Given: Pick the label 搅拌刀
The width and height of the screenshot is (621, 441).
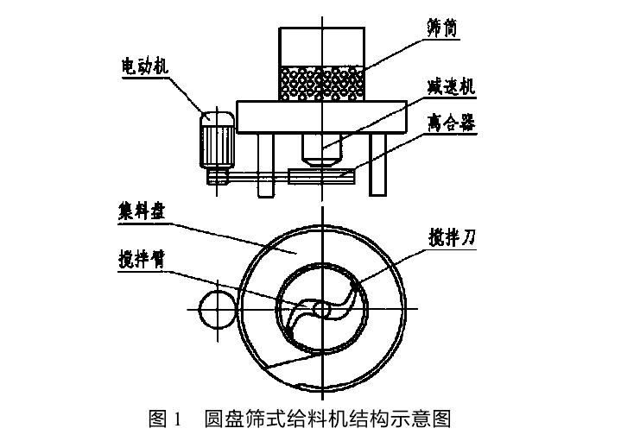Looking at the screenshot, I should pos(453,234).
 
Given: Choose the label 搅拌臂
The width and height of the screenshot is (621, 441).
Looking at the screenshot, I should pos(143,257).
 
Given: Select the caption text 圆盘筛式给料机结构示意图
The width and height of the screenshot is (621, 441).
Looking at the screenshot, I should pos(327,420).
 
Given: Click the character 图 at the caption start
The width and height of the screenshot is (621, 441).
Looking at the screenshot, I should pos(157,420).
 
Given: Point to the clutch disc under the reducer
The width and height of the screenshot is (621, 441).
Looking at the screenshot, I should pos(320,176).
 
